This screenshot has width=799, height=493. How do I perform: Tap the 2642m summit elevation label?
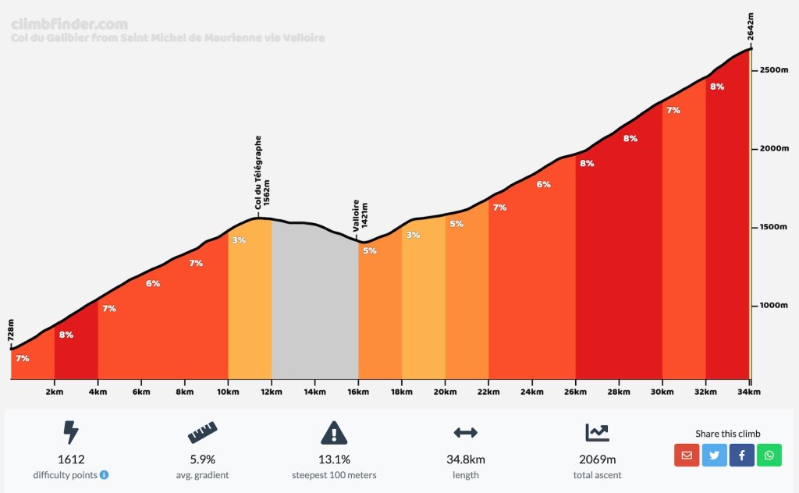[751, 27]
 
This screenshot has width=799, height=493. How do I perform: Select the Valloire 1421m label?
[360, 215]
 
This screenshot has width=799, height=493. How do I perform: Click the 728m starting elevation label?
[11, 329]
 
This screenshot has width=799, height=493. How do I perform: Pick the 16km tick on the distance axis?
[358, 392]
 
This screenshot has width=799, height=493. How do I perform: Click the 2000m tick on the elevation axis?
[774, 148]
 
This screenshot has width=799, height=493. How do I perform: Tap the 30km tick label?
[662, 392]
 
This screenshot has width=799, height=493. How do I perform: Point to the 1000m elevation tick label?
[774, 305]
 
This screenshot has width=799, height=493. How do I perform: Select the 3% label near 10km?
[239, 240]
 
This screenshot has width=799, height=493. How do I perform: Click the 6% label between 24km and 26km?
[544, 185]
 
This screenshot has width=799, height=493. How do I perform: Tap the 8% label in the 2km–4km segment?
[66, 335]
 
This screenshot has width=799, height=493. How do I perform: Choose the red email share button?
[687, 456]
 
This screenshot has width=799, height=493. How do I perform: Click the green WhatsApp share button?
[769, 456]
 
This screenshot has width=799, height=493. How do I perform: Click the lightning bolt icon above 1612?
[71, 432]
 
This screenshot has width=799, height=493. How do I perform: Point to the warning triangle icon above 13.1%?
[333, 432]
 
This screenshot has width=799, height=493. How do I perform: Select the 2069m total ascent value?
[597, 459]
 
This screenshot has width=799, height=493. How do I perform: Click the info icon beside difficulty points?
[105, 475]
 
